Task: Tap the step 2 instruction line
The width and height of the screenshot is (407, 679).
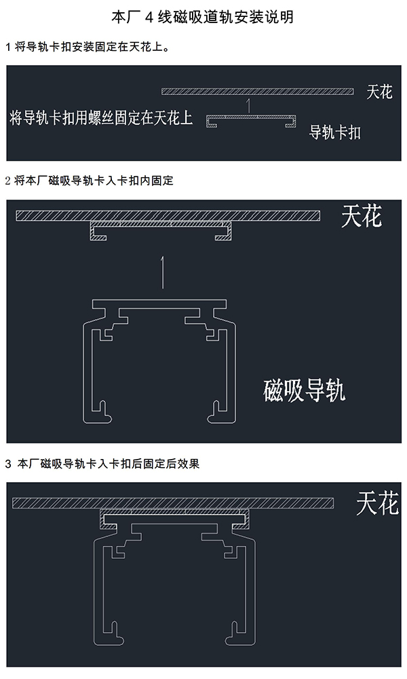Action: pyautogui.click(x=89, y=181)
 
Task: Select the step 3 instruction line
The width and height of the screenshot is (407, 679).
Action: pyautogui.click(x=102, y=464)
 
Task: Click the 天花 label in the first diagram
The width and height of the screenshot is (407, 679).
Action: pyautogui.click(x=379, y=92)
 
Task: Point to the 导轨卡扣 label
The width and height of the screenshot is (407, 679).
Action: pyautogui.click(x=334, y=132)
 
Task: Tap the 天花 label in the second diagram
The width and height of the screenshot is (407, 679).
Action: pyautogui.click(x=361, y=216)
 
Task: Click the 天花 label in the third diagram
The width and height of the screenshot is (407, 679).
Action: pyautogui.click(x=377, y=504)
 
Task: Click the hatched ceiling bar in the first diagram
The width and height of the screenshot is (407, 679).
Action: pyautogui.click(x=258, y=92)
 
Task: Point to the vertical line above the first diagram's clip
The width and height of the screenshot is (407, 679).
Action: pyautogui.click(x=250, y=105)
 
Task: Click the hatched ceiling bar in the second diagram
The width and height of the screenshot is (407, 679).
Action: pyautogui.click(x=167, y=215)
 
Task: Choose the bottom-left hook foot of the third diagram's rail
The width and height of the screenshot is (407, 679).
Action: pyautogui.click(x=113, y=637)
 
